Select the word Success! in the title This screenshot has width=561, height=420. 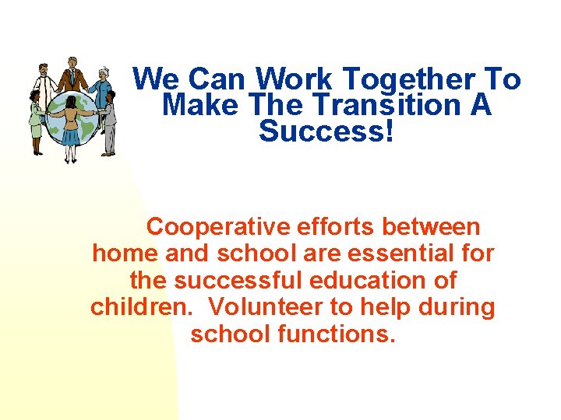pos(326,131)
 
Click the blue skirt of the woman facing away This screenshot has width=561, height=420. pos(70,137)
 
